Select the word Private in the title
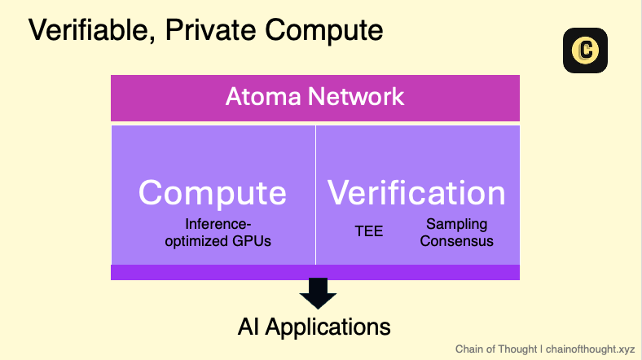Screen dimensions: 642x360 pos(210,29)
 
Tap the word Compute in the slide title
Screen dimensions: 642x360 pos(324,31)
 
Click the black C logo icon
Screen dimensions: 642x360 pos(585,50)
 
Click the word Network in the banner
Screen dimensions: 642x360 pos(356,97)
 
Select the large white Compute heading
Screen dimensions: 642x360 pos(212,193)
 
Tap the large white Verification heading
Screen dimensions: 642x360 pos(416,192)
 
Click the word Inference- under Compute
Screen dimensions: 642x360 pos(218,224)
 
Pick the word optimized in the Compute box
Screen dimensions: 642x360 pos(196,241)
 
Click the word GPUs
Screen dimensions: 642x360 pos(252,241)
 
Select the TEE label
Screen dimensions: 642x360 pos(369,231)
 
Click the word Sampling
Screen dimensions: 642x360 pos(456,224)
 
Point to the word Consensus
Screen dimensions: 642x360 pos(456,241)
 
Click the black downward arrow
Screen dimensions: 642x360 pos(318,293)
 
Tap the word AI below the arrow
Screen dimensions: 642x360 pos(248,327)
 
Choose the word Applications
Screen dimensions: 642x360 pos(328,327)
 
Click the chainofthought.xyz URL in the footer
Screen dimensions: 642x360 pos(590,349)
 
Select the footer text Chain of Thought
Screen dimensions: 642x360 pos(496,349)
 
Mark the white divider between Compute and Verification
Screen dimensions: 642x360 pos(315,195)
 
